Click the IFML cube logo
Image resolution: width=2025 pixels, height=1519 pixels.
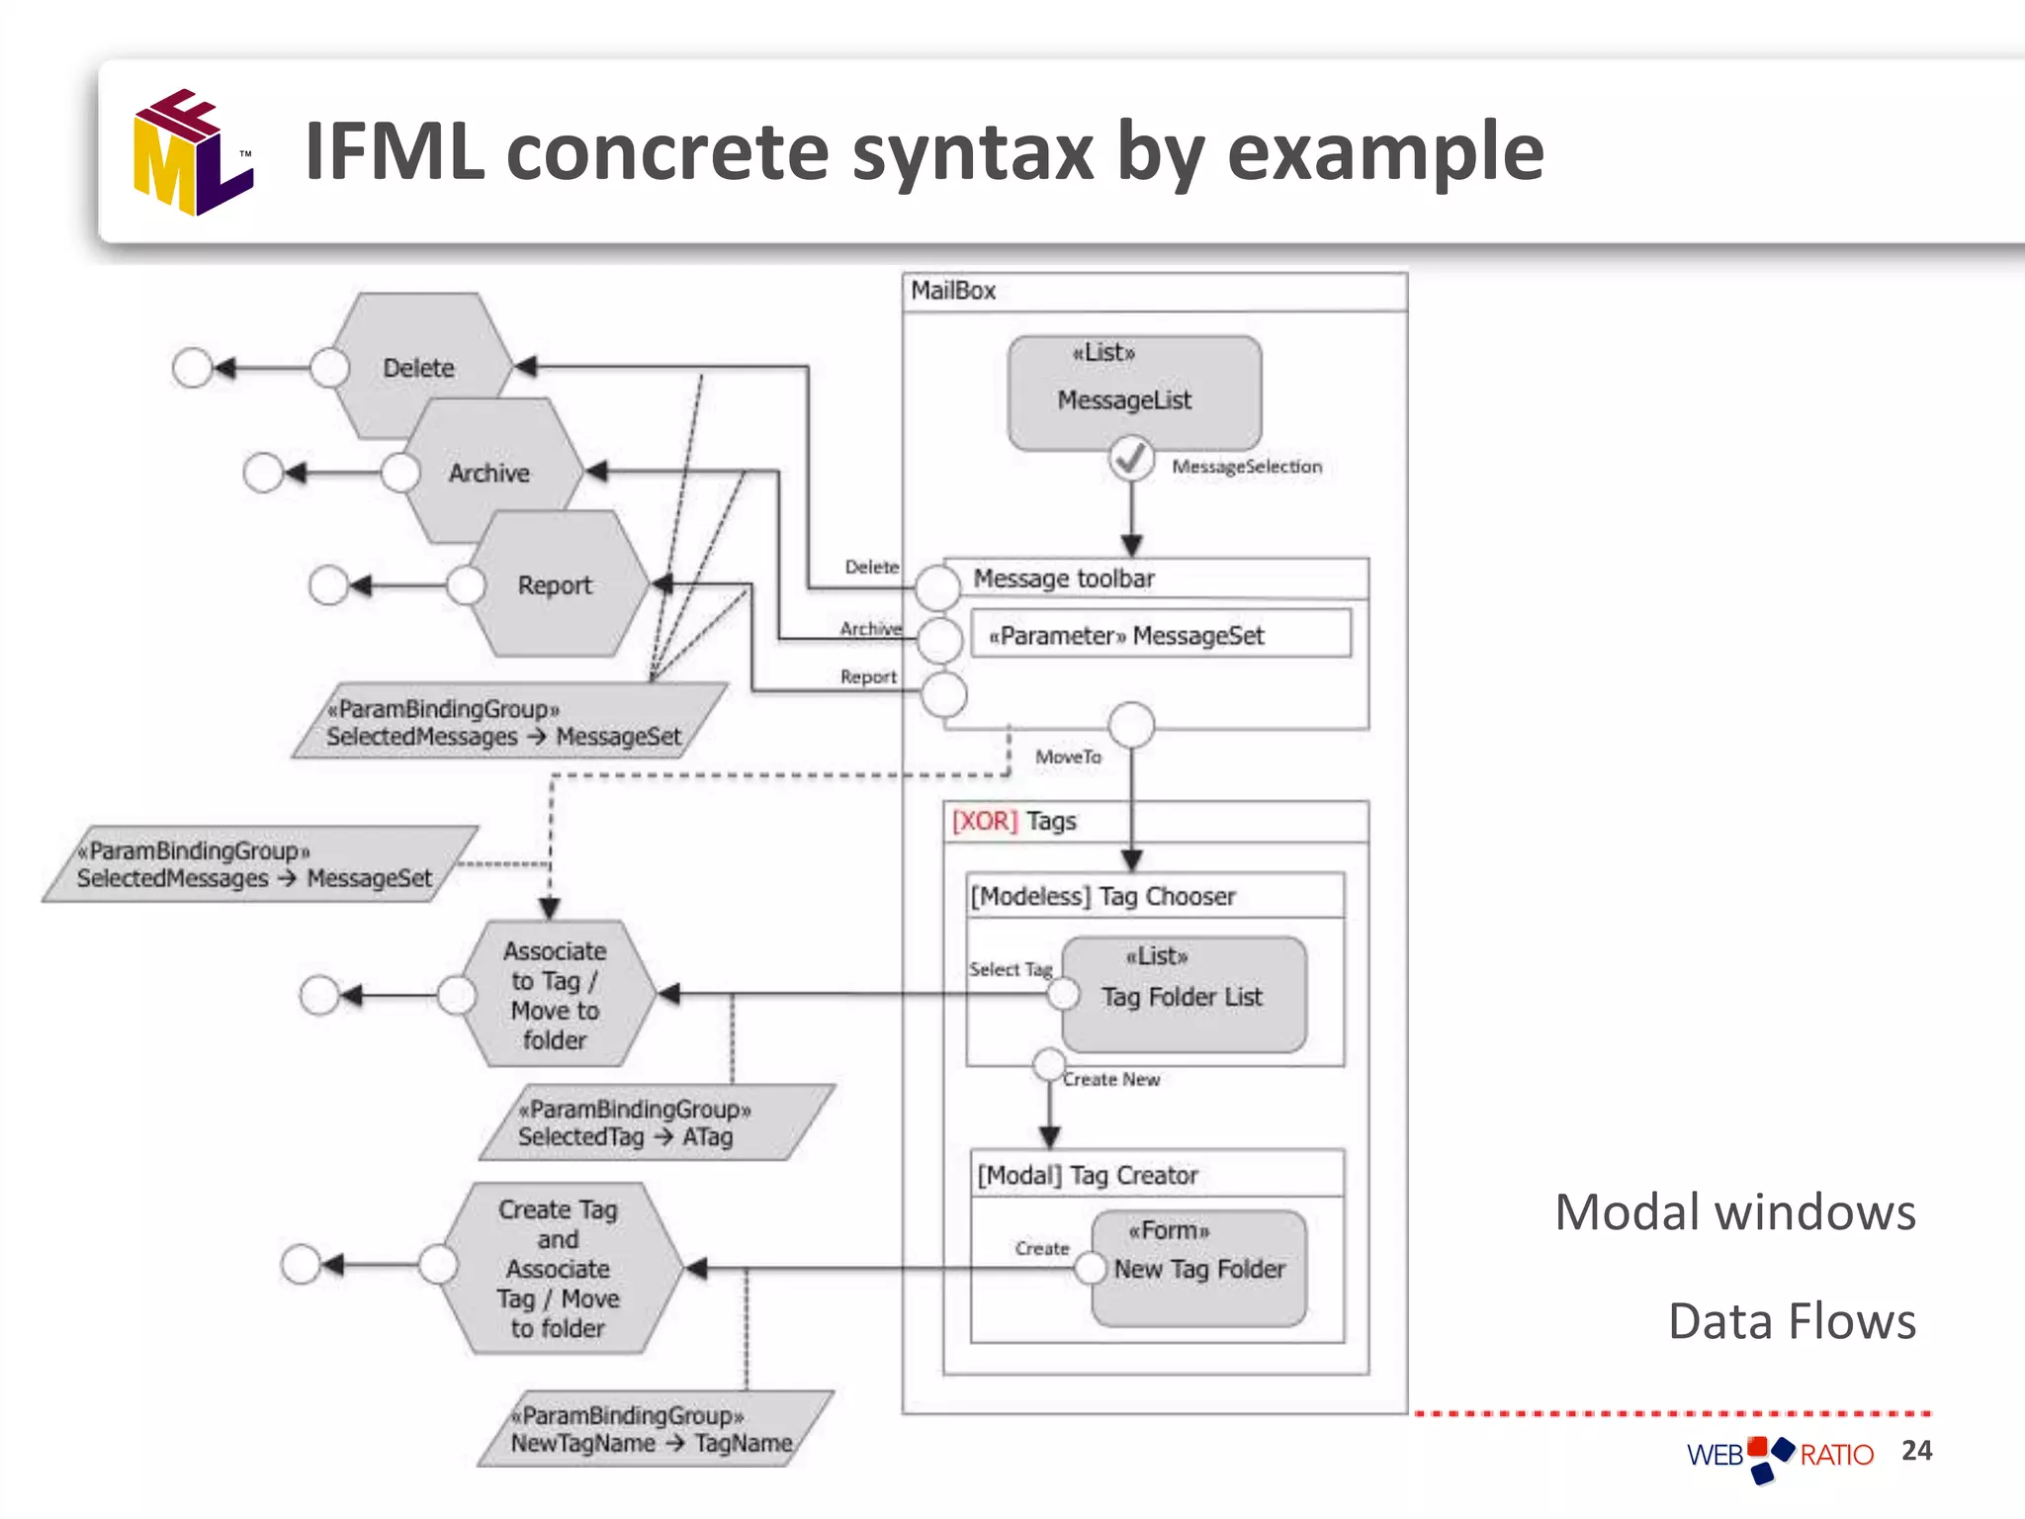[193, 153]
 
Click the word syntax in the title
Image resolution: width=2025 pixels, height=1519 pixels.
[973, 153]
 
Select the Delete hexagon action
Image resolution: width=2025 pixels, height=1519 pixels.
[419, 368]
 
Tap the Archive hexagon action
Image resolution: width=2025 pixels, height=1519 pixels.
[489, 473]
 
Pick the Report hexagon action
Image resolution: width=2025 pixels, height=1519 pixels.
[555, 584]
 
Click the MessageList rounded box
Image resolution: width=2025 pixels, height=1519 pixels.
[1133, 393]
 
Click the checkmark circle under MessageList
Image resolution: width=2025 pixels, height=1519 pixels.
[1131, 459]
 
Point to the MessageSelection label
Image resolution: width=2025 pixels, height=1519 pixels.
[1246, 467]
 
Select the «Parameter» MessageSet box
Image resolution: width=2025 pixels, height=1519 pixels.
[1161, 635]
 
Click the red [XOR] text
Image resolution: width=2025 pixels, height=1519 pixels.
[984, 821]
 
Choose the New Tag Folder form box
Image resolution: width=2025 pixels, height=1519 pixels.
[1199, 1268]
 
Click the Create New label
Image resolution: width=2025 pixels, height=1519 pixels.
[1111, 1080]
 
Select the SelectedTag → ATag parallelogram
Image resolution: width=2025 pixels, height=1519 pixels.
[655, 1123]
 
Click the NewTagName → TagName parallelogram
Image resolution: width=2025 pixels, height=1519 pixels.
[655, 1429]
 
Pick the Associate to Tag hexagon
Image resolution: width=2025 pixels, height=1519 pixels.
[555, 994]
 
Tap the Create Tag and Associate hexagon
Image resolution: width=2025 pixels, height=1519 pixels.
[559, 1268]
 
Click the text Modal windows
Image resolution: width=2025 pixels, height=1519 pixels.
[1734, 1212]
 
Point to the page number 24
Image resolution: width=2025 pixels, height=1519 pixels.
[1916, 1450]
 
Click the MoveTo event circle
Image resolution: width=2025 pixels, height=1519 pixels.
[1131, 725]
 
